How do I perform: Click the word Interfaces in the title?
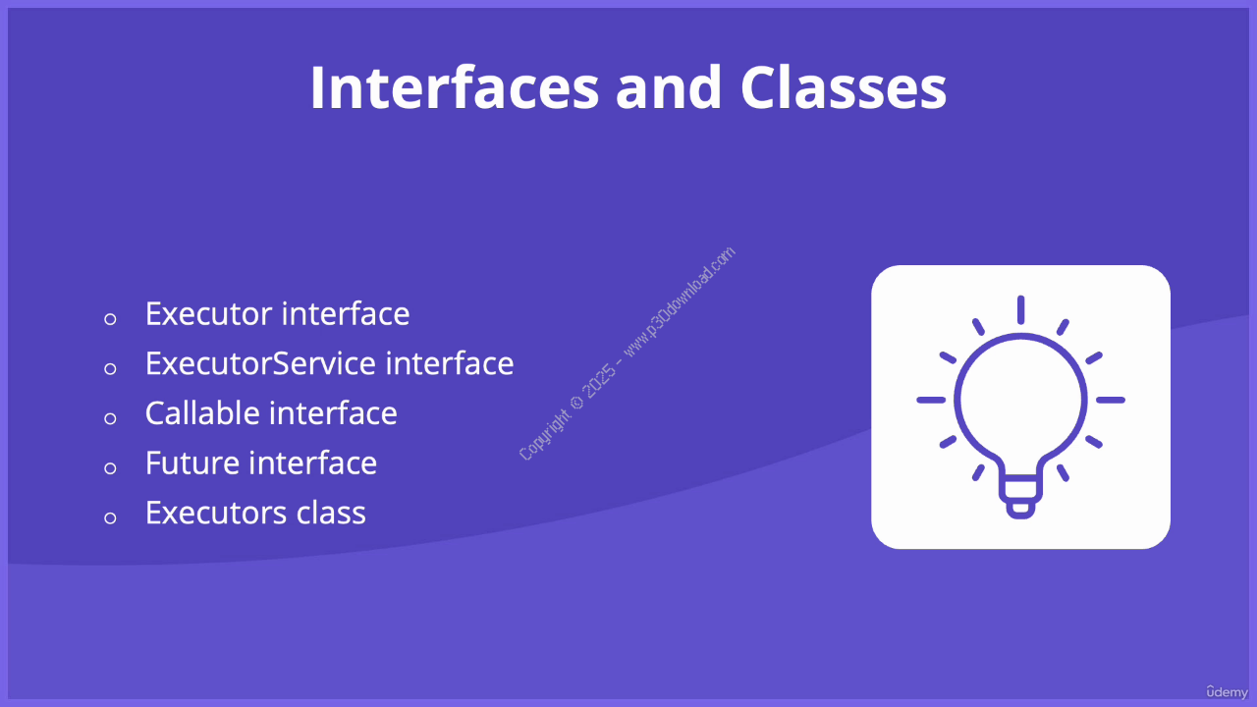point(455,87)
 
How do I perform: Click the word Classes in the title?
point(844,87)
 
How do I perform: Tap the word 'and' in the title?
point(669,87)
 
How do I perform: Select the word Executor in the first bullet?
point(208,313)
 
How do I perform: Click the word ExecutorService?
point(260,363)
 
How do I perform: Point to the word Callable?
point(202,413)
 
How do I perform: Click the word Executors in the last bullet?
point(215,513)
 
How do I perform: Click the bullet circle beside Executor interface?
point(110,319)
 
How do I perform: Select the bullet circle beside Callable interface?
point(110,418)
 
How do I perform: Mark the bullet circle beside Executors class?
point(110,517)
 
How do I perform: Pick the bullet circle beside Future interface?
point(110,468)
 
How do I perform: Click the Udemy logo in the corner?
point(1227,692)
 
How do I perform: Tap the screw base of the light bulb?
point(1020,497)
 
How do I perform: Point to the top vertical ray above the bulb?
point(1020,309)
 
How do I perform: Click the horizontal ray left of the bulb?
point(931,400)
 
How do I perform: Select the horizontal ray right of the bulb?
point(1111,400)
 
